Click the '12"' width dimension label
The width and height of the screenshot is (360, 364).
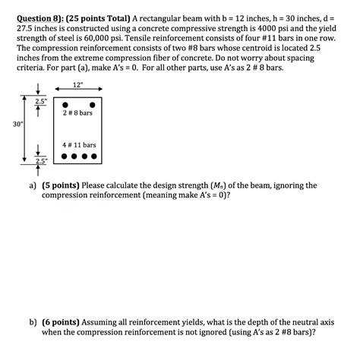tap(77, 84)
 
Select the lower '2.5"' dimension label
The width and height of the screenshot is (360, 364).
tap(39, 161)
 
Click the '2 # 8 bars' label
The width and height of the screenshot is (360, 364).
tap(78, 113)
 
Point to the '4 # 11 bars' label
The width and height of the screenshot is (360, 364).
tap(79, 144)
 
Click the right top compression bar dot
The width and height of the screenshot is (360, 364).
tap(93, 105)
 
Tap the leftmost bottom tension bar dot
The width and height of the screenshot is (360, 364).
tap(64, 158)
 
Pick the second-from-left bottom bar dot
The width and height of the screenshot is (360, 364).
tap(74, 158)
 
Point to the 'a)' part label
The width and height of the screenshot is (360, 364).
tap(33, 185)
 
